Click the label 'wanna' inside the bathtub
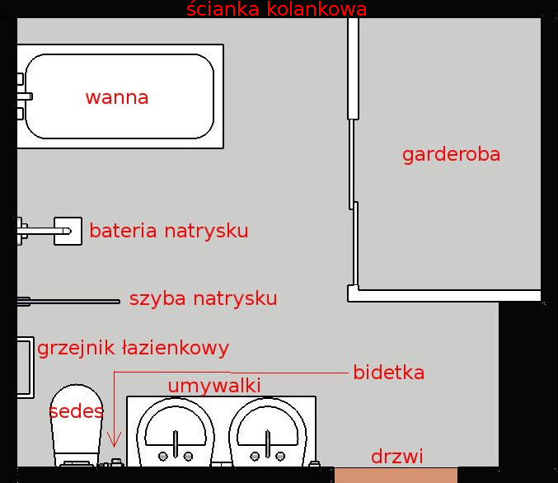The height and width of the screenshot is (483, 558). coord(117,97)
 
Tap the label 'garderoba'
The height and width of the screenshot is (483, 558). coord(451,154)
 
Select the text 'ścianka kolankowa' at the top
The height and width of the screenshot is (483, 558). coord(276,10)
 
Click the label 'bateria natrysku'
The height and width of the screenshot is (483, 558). coord(169,231)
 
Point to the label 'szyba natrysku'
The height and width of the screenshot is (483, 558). coord(203,298)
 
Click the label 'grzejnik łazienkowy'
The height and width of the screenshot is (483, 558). coord(133,348)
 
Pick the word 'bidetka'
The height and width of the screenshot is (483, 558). coord(388,373)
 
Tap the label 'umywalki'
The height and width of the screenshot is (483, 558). coord(214,386)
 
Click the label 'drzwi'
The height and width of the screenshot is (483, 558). coord(396,456)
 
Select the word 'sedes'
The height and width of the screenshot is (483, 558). coord(76,411)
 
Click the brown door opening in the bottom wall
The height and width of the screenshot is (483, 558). coord(396,475)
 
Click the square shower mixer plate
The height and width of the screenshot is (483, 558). coord(68,231)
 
